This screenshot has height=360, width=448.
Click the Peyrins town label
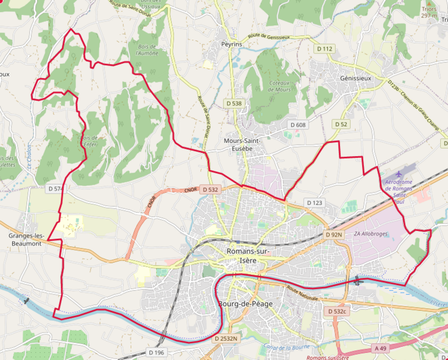(x=231, y=44)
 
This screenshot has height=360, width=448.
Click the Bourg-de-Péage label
(x=246, y=304)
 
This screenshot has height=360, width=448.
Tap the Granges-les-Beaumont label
(x=25, y=240)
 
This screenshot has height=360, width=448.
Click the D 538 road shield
(x=234, y=103)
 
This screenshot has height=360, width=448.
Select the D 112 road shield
(x=324, y=49)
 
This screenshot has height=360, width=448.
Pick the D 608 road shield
(x=298, y=125)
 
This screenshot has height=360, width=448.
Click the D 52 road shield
(x=341, y=124)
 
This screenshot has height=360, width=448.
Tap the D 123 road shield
(x=315, y=203)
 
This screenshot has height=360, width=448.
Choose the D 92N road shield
(x=334, y=234)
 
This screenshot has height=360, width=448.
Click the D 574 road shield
(x=55, y=189)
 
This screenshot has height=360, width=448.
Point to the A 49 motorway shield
(x=381, y=348)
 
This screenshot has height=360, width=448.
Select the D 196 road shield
(x=156, y=352)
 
